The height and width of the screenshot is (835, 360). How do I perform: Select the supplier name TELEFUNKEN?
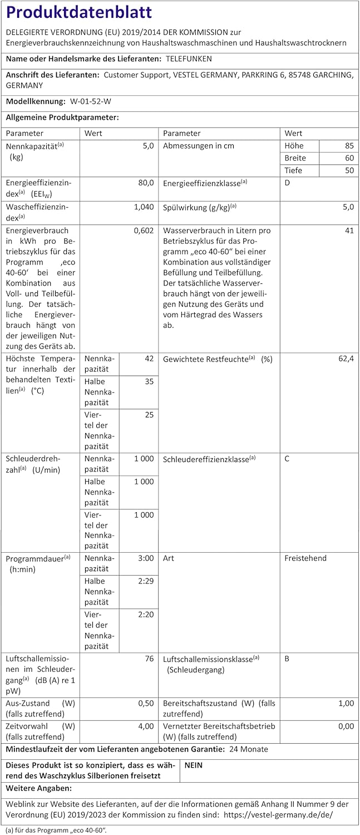(x=189, y=58)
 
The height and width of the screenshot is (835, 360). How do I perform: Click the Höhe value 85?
(x=349, y=146)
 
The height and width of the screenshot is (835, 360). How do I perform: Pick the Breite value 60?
(x=349, y=158)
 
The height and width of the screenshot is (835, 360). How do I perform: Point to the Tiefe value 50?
(x=349, y=170)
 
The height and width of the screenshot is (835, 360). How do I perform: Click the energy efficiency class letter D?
(x=287, y=183)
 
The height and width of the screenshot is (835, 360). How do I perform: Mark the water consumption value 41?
(x=349, y=230)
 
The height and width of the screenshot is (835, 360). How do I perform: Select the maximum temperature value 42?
(x=149, y=358)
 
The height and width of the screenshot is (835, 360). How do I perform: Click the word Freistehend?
(x=305, y=558)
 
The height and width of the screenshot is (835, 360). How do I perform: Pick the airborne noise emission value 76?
(x=149, y=659)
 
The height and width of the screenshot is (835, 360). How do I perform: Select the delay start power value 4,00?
(x=145, y=726)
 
